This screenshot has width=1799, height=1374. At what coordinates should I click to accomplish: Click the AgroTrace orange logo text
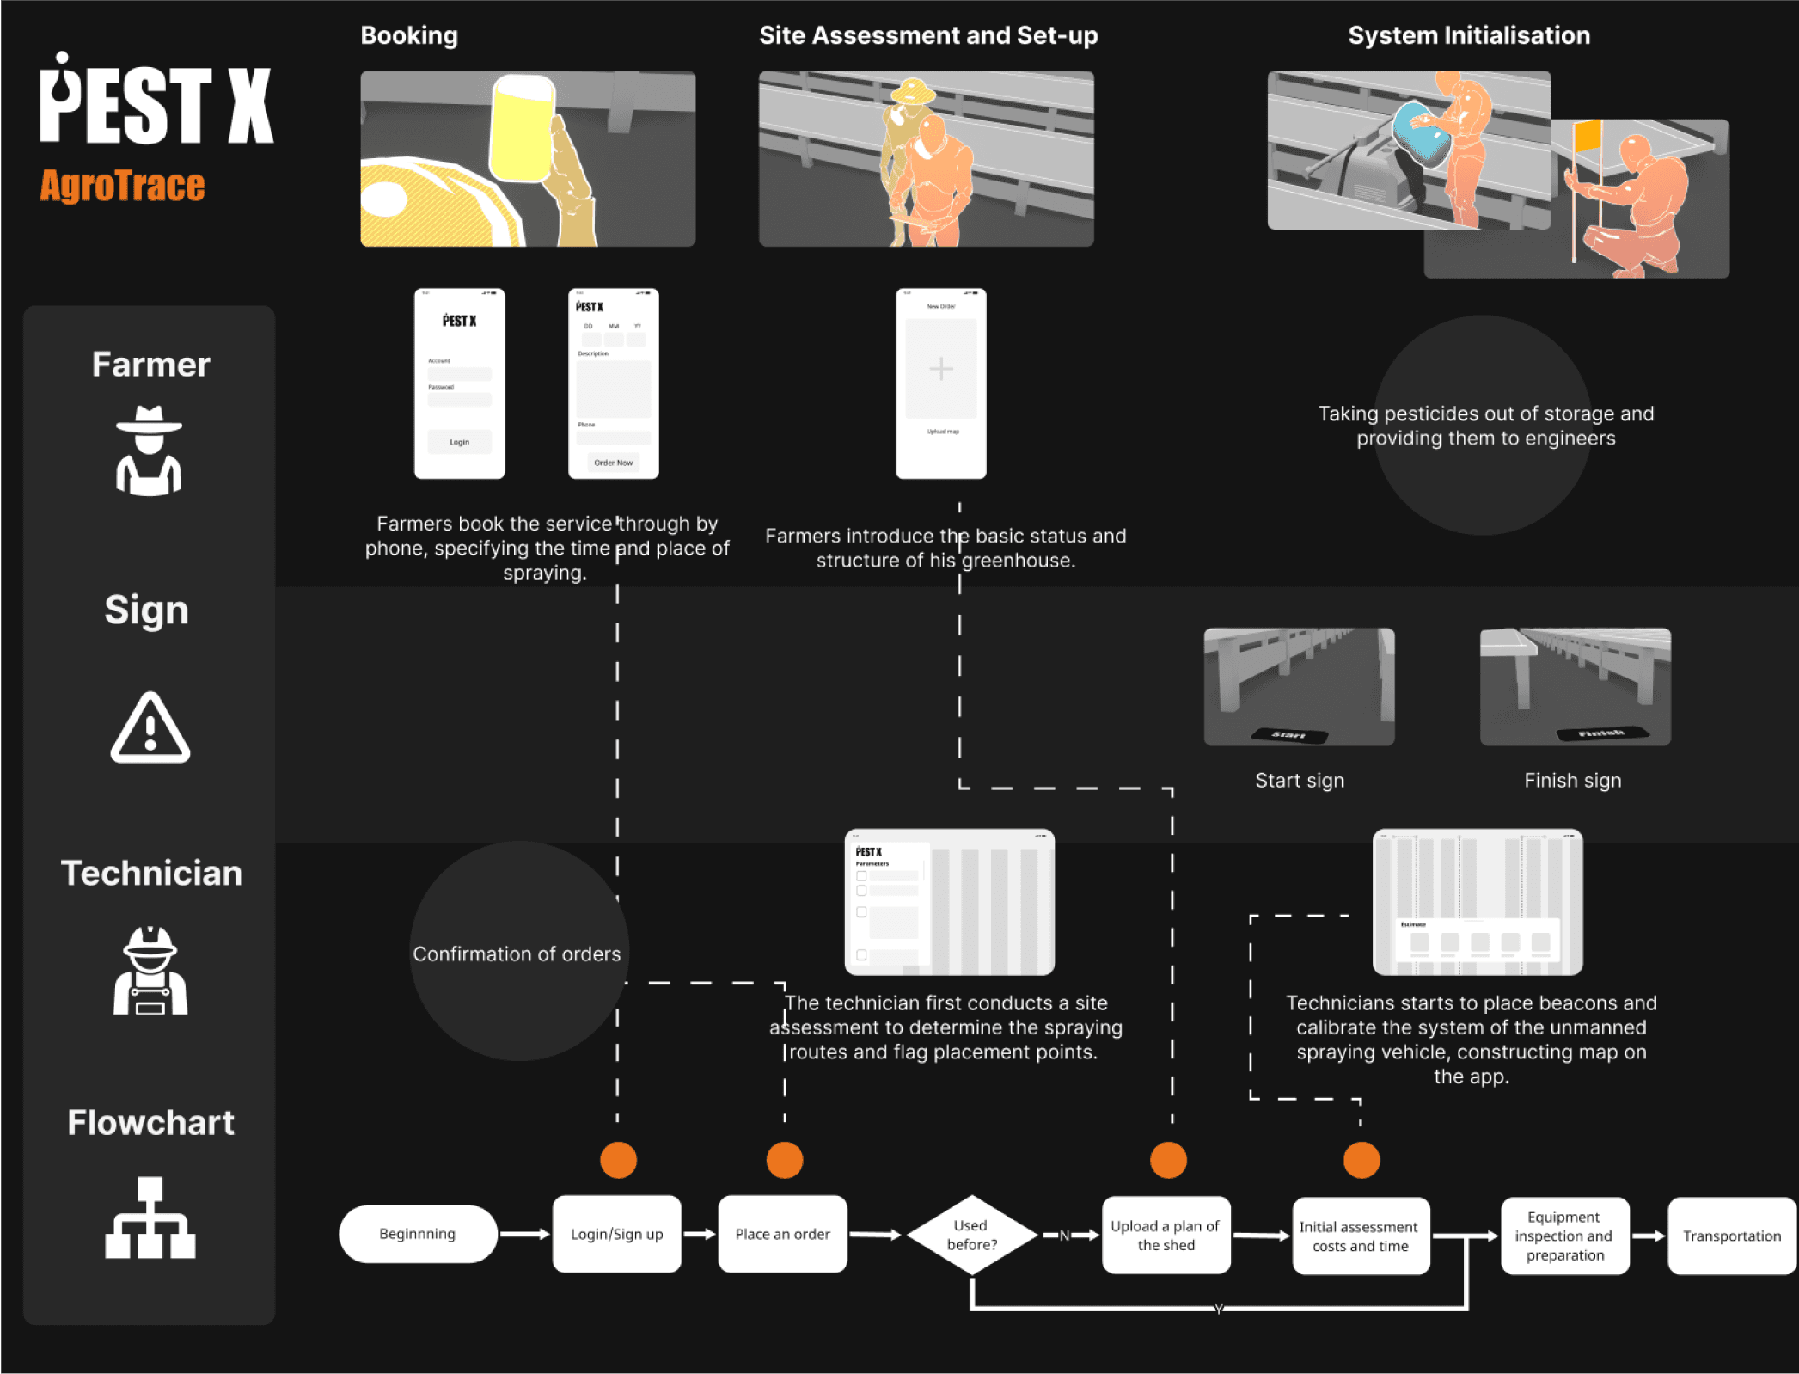pyautogui.click(x=123, y=186)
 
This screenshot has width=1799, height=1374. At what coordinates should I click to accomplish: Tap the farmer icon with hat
pyautogui.click(x=150, y=451)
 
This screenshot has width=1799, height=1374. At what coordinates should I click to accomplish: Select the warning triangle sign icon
pyautogui.click(x=150, y=728)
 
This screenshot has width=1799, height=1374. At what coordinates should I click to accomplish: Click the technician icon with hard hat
pyautogui.click(x=150, y=971)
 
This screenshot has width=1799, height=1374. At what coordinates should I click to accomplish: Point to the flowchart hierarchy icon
pyautogui.click(x=150, y=1218)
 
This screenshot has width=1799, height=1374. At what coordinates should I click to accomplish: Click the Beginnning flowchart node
pyautogui.click(x=418, y=1234)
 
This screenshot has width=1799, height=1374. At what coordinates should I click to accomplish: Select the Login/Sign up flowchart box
pyautogui.click(x=617, y=1234)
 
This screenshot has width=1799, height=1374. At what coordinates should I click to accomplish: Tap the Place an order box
pyautogui.click(x=782, y=1234)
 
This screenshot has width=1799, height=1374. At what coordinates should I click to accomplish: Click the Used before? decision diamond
pyautogui.click(x=972, y=1235)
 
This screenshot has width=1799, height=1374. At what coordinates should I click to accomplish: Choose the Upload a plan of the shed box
pyautogui.click(x=1166, y=1236)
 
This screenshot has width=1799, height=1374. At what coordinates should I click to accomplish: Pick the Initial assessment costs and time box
pyautogui.click(x=1360, y=1236)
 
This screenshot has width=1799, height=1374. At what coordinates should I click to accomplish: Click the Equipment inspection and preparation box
pyautogui.click(x=1564, y=1236)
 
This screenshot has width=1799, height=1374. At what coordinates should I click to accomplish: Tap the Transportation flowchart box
pyautogui.click(x=1731, y=1236)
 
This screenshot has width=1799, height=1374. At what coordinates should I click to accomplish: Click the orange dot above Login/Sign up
pyautogui.click(x=619, y=1160)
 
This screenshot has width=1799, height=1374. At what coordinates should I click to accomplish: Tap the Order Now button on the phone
pyautogui.click(x=614, y=463)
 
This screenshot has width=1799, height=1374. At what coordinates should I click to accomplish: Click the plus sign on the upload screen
pyautogui.click(x=941, y=369)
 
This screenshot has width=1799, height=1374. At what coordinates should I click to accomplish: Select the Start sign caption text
pyautogui.click(x=1300, y=781)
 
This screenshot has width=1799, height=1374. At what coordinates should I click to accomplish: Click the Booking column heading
pyautogui.click(x=409, y=35)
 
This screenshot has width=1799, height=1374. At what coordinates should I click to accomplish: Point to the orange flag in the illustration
pyautogui.click(x=1587, y=135)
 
